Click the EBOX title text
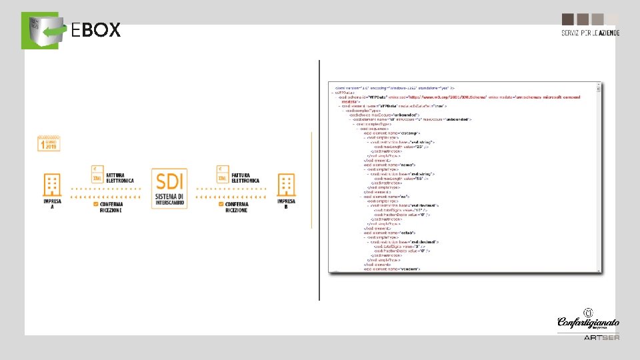[x=95, y=30]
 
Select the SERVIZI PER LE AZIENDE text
[x=590, y=33]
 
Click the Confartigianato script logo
[x=588, y=323]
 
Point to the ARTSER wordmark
[x=601, y=337]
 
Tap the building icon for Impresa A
[x=52, y=184]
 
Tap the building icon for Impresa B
[x=287, y=185]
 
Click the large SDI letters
[x=170, y=180]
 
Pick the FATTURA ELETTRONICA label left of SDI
[x=120, y=178]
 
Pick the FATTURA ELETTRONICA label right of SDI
[x=247, y=178]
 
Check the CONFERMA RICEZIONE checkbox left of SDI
[x=97, y=205]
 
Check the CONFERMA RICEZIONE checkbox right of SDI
[x=221, y=205]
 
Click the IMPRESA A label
[x=52, y=203]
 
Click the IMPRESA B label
[x=287, y=203]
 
